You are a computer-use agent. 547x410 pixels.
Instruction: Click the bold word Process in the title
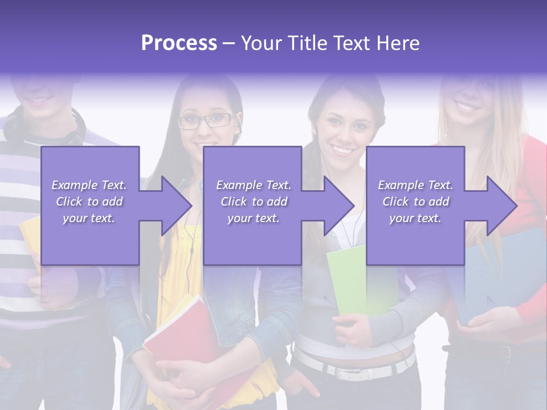click(179, 43)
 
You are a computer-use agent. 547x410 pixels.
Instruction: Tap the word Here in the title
click(398, 43)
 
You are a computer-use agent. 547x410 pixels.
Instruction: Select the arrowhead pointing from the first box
click(171, 206)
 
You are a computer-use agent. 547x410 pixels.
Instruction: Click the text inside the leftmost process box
click(89, 202)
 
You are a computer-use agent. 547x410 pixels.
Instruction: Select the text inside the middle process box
click(253, 202)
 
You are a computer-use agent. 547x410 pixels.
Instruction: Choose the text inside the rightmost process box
click(415, 202)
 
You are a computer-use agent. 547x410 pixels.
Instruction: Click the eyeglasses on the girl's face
click(205, 121)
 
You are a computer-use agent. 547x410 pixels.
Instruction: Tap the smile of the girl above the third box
click(343, 150)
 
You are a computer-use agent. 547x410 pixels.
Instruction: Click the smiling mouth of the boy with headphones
click(39, 100)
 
